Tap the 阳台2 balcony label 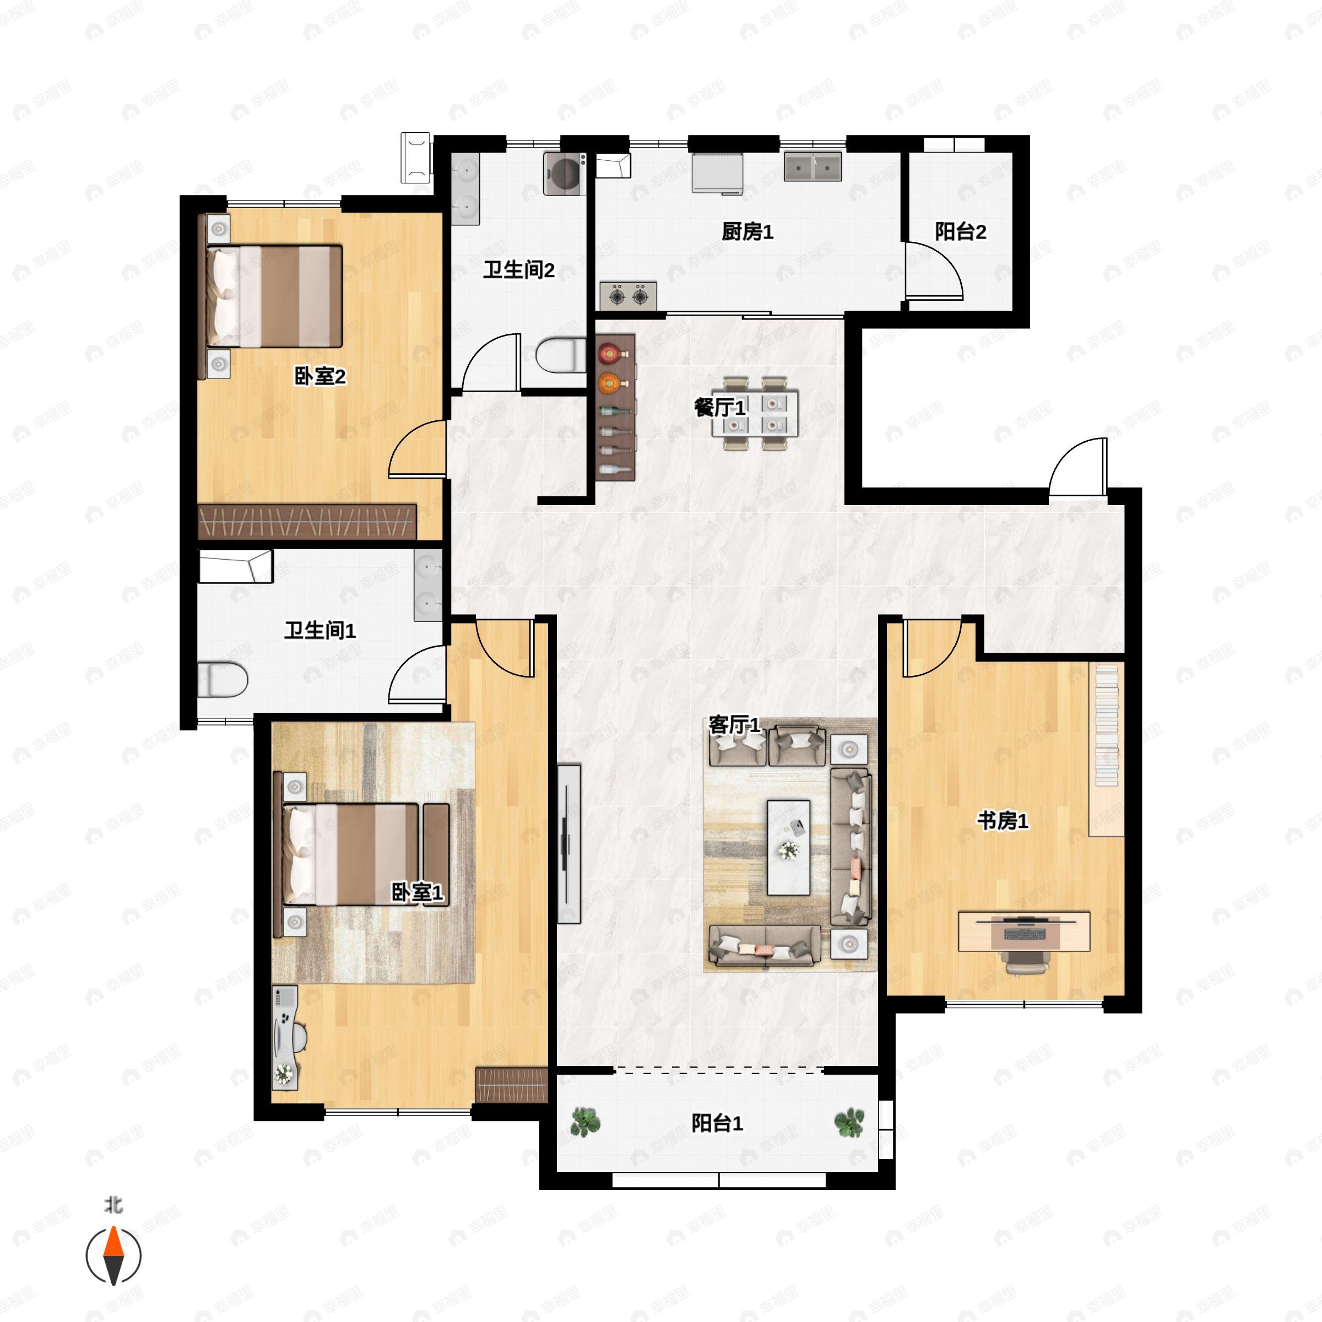960,232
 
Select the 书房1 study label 1002,820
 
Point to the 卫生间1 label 319,630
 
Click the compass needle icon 113,1256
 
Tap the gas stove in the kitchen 628,296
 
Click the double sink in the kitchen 812,166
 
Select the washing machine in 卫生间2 565,174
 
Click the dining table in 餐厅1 754,413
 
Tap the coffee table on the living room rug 788,847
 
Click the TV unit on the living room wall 568,844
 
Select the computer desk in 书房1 1023,931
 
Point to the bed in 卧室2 274,296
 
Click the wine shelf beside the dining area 615,407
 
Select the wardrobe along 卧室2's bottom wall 307,522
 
